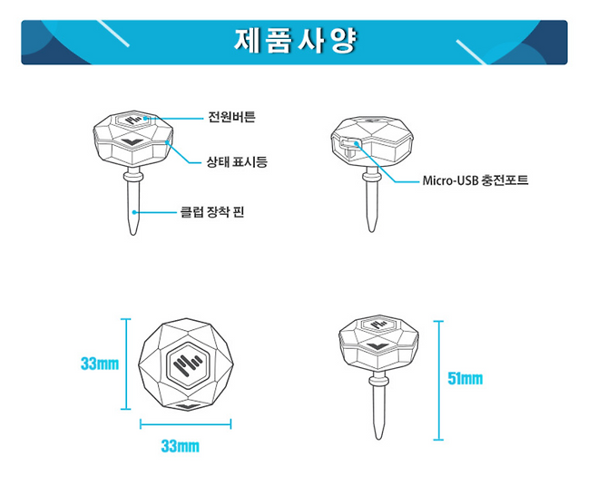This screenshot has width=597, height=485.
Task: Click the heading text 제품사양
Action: (x=296, y=40)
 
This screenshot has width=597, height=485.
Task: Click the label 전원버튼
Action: (x=232, y=117)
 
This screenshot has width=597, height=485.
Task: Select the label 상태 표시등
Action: (x=237, y=162)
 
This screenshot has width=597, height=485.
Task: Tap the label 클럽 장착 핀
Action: (x=212, y=211)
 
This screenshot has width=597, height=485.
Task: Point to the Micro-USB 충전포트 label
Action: (x=475, y=180)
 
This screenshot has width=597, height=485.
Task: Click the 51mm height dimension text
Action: (x=465, y=379)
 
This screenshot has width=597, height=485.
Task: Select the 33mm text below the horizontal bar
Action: (x=180, y=446)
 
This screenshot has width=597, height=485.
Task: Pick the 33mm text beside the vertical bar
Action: (x=100, y=364)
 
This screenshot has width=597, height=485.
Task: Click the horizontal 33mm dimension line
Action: (x=185, y=423)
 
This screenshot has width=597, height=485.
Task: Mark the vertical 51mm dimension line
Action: (x=438, y=381)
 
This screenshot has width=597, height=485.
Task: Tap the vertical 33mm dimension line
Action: (x=125, y=364)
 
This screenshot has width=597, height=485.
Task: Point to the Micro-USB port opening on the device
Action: (x=348, y=145)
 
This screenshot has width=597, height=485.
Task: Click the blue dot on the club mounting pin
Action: (x=134, y=212)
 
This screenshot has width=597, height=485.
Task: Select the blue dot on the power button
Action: (x=145, y=119)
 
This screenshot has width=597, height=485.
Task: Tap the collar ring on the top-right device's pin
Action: (x=372, y=176)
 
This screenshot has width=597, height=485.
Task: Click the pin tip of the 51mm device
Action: (x=378, y=438)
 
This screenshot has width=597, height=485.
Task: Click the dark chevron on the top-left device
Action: (x=132, y=142)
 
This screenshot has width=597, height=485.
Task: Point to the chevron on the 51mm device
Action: (x=378, y=346)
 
